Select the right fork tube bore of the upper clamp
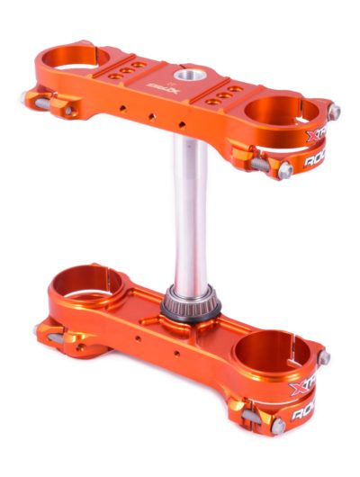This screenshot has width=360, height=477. click(x=281, y=112)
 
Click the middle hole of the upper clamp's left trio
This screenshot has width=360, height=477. click(x=133, y=69)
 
